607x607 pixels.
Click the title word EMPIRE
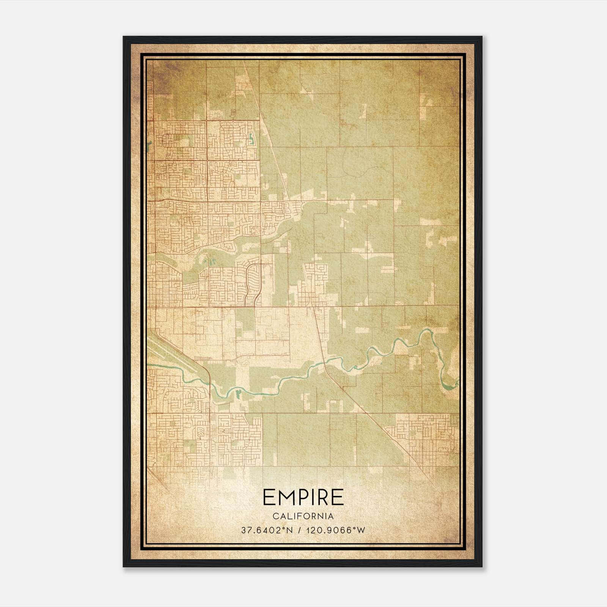(303, 497)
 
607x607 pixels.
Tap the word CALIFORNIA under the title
(303, 516)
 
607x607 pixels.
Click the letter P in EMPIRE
(304, 497)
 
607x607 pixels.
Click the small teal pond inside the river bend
(238, 393)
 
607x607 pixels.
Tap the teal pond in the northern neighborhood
(251, 141)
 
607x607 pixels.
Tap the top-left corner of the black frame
(124, 37)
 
